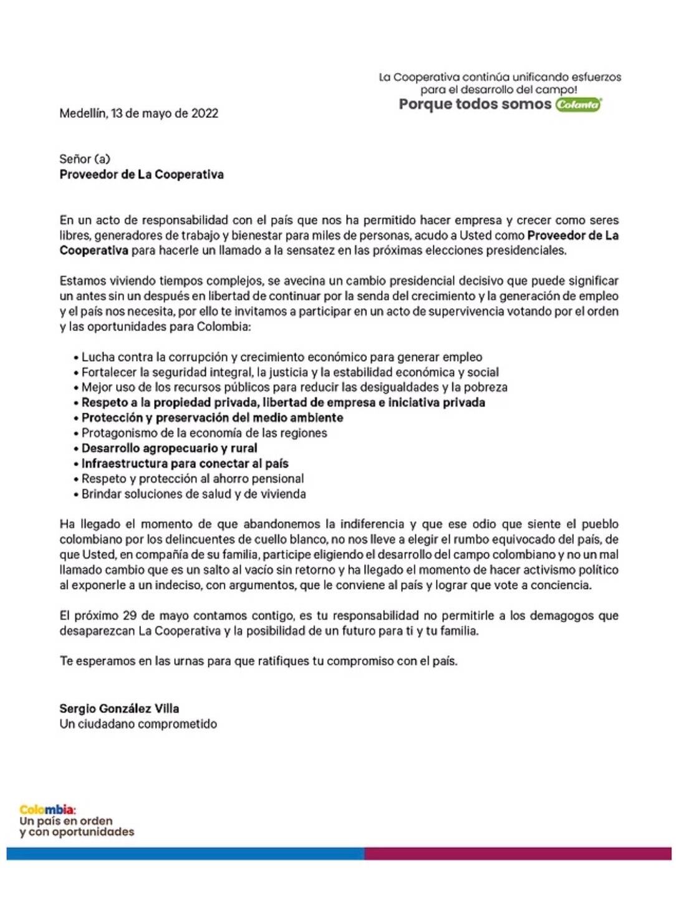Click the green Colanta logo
[x=578, y=104]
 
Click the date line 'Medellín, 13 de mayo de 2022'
[x=138, y=113]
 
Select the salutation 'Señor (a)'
[x=85, y=159]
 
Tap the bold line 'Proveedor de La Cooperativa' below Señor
[x=142, y=175]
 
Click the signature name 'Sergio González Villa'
[x=119, y=709]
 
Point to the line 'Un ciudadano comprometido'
[x=138, y=724]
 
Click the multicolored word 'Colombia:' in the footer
[x=47, y=810]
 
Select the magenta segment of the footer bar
[x=518, y=853]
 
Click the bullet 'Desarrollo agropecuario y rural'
[x=169, y=448]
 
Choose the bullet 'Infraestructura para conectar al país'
[x=185, y=464]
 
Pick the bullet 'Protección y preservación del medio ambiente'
[x=212, y=418]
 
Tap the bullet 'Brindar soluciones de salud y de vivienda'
[x=193, y=494]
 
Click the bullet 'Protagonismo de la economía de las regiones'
[x=204, y=433]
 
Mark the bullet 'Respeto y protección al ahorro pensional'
[x=193, y=479]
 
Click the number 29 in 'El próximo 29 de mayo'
[x=130, y=616]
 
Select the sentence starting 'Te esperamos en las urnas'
[x=258, y=661]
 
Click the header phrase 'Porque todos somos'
[x=475, y=104]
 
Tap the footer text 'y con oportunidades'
[x=77, y=832]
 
